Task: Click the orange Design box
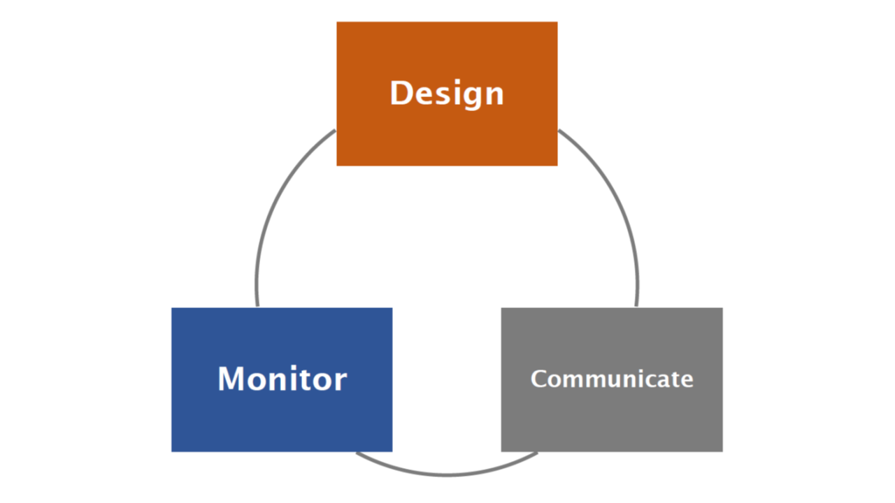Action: (x=447, y=94)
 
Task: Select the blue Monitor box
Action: (x=282, y=379)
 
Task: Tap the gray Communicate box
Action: (x=612, y=379)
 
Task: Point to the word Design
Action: (x=447, y=94)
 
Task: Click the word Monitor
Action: (x=282, y=379)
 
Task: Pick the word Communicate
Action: (x=612, y=379)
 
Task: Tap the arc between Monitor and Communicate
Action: (x=447, y=474)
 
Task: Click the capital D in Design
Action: (x=401, y=93)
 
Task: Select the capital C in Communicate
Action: (x=539, y=379)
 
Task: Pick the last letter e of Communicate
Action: (x=687, y=381)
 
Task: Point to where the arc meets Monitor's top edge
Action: (x=258, y=307)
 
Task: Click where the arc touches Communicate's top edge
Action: (x=636, y=307)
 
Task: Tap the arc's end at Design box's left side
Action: (x=336, y=130)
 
